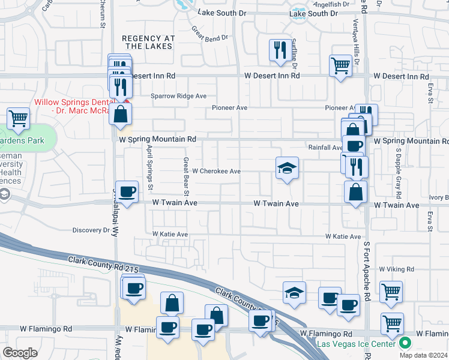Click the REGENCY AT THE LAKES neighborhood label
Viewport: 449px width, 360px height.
click(x=148, y=42)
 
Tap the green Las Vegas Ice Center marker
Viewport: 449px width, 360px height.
click(x=405, y=343)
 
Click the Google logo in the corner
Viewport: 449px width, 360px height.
click(x=20, y=352)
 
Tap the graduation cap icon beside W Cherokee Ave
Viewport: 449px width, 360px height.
click(x=287, y=169)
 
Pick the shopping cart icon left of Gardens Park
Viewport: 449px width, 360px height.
click(x=19, y=118)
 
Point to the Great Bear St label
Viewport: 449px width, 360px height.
click(x=187, y=176)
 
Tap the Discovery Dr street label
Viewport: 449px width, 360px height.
click(x=90, y=230)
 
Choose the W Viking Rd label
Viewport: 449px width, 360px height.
click(x=397, y=269)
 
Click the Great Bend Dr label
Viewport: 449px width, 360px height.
click(x=210, y=34)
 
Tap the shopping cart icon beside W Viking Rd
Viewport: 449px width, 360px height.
click(x=391, y=292)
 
